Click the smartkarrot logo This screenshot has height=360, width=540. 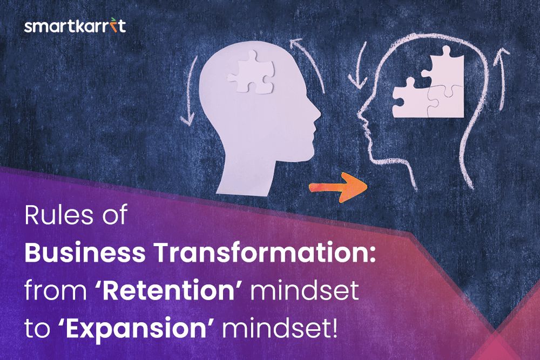tap(75, 25)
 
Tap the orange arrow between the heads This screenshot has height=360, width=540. tap(338, 188)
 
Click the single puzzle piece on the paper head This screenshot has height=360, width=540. tap(251, 72)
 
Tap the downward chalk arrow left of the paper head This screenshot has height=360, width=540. tap(190, 90)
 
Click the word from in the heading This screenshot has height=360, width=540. tap(56, 291)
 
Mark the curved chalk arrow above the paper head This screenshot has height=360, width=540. tap(308, 65)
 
